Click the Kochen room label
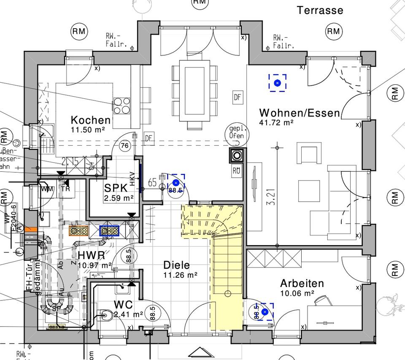click(x=90, y=121)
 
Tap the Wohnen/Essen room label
click(x=299, y=113)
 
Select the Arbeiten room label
click(x=302, y=283)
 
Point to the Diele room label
click(x=176, y=265)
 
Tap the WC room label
click(x=123, y=305)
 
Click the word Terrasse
click(x=320, y=10)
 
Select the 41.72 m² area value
click(x=276, y=123)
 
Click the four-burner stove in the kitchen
click(x=121, y=106)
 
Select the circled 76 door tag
click(x=124, y=146)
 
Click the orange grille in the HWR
click(x=78, y=230)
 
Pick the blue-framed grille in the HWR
click(x=109, y=230)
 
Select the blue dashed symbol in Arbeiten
click(x=265, y=311)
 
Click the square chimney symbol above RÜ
click(x=236, y=156)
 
